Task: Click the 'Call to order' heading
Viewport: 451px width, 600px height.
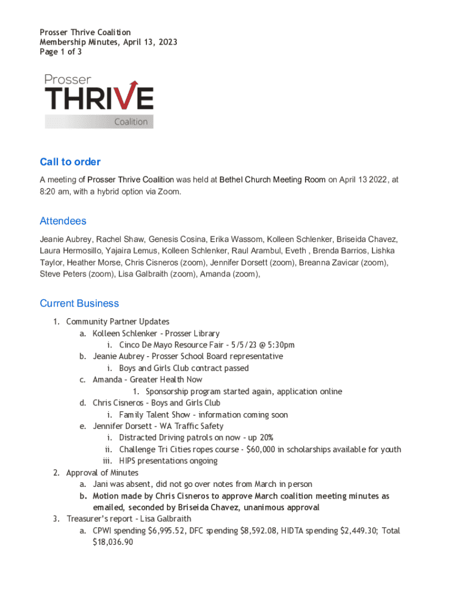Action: point(70,162)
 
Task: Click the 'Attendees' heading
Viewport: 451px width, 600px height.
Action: point(63,221)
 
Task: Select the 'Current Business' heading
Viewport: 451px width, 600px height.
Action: point(79,303)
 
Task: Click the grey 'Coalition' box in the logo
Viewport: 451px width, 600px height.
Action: point(100,121)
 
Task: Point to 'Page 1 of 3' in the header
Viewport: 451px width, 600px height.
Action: point(60,52)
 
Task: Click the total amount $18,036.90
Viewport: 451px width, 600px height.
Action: point(113,543)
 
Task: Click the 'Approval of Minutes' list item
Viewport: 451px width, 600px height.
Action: point(102,473)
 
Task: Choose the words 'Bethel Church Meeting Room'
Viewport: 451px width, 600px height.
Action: point(272,180)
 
